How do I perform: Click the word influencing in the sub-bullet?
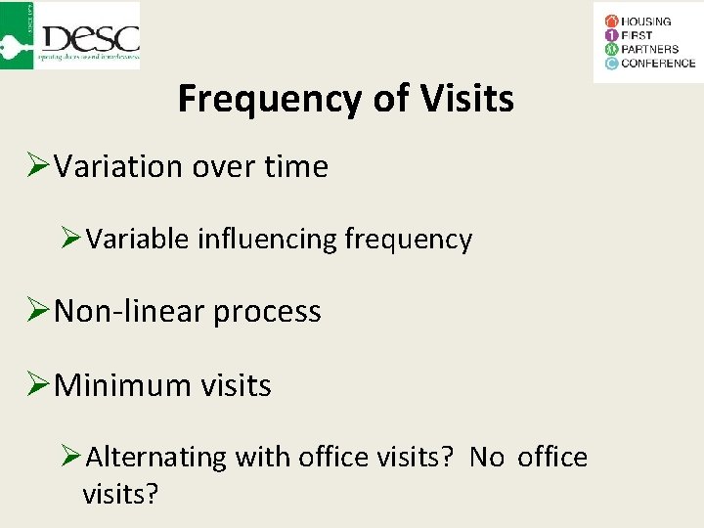[268, 240]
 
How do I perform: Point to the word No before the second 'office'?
[487, 457]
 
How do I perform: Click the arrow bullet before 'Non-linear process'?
[37, 311]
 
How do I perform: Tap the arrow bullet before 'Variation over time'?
[37, 166]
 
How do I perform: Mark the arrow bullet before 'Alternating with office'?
[70, 456]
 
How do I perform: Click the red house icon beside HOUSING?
[611, 21]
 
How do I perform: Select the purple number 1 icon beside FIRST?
[611, 35]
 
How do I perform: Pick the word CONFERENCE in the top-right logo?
[659, 64]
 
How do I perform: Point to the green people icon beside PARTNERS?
[611, 49]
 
